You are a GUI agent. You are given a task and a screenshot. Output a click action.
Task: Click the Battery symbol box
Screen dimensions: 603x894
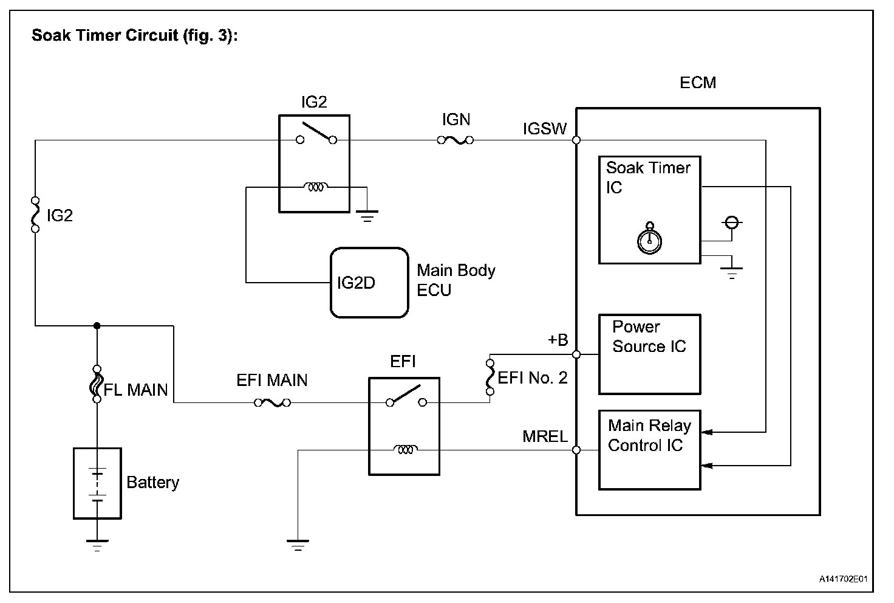(97, 483)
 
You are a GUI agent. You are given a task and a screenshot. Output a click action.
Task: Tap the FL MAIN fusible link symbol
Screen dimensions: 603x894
(96, 384)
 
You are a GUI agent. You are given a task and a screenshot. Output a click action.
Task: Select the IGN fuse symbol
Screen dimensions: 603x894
(456, 140)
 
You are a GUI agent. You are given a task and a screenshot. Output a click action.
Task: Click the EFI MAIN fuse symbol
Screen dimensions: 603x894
(272, 402)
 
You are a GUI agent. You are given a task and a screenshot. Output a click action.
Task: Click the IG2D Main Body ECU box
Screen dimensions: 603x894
(369, 283)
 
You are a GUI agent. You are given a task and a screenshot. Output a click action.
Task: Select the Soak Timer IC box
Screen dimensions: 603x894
(649, 210)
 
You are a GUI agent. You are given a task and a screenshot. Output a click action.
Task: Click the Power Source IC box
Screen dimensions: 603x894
(649, 354)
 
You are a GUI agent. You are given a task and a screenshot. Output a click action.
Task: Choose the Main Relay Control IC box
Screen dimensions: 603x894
(649, 450)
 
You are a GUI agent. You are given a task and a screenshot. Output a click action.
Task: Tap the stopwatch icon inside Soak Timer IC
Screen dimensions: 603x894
(649, 239)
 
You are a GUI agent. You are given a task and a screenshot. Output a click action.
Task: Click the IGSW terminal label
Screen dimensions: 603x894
(545, 128)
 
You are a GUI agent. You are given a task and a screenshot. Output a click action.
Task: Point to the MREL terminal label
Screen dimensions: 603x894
(545, 436)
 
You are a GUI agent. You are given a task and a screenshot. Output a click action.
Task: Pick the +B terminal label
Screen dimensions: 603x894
(558, 340)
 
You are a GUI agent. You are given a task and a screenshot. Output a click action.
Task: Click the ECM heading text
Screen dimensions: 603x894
(698, 83)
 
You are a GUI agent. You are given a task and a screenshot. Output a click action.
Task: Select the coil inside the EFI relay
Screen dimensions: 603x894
(404, 450)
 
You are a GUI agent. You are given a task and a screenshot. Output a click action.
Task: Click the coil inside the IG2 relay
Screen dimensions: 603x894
(315, 187)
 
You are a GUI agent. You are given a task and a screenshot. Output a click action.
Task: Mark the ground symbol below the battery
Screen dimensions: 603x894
(97, 544)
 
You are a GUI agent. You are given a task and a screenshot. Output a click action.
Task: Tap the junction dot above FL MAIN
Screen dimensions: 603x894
(97, 326)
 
